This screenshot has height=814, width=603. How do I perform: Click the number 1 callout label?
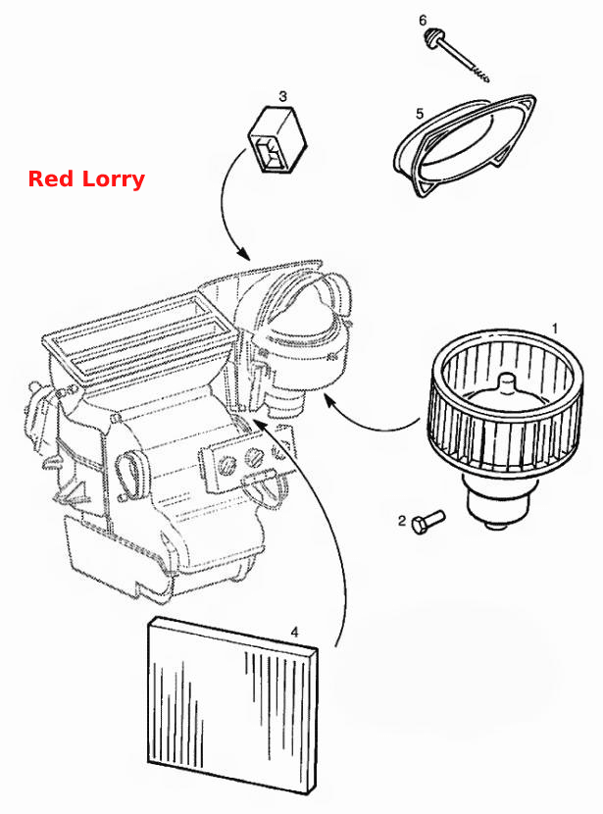point(555,329)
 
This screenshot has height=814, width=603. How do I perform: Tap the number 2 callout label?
point(402,520)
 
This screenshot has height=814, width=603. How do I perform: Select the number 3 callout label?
point(282,96)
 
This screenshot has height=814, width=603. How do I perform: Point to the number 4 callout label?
point(295,633)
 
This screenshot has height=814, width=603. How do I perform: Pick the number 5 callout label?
point(420,113)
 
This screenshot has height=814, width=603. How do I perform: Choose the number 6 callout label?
point(423,21)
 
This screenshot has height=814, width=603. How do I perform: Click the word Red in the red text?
point(51,178)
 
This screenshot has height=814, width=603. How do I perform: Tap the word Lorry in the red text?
point(113,179)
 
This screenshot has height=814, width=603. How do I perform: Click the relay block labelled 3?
point(276,139)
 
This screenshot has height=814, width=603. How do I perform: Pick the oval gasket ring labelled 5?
point(465,146)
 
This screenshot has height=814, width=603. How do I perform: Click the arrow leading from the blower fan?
point(370,422)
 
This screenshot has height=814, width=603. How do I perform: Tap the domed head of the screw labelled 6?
point(431,38)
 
